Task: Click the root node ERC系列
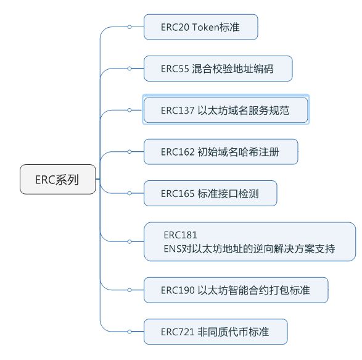(x=58, y=179)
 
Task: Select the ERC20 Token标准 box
(x=200, y=27)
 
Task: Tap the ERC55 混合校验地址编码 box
(x=218, y=69)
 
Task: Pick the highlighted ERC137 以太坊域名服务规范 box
(x=226, y=110)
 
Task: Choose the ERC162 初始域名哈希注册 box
(x=221, y=152)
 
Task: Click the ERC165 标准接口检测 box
(x=210, y=193)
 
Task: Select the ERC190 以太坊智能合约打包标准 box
(x=236, y=290)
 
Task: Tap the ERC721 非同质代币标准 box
(x=215, y=332)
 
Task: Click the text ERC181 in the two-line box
(x=180, y=235)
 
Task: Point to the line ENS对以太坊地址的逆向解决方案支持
(x=249, y=249)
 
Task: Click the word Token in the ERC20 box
(x=205, y=27)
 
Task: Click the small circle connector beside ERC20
(x=130, y=27)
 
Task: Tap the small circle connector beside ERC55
(x=130, y=69)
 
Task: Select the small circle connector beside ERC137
(x=130, y=110)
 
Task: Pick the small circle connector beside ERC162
(x=130, y=152)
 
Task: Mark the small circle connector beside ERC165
(x=130, y=193)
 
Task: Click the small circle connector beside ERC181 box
(x=130, y=241)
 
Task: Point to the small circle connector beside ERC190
(x=130, y=290)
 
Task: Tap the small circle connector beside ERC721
(x=130, y=332)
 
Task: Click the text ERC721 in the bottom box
(x=178, y=332)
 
